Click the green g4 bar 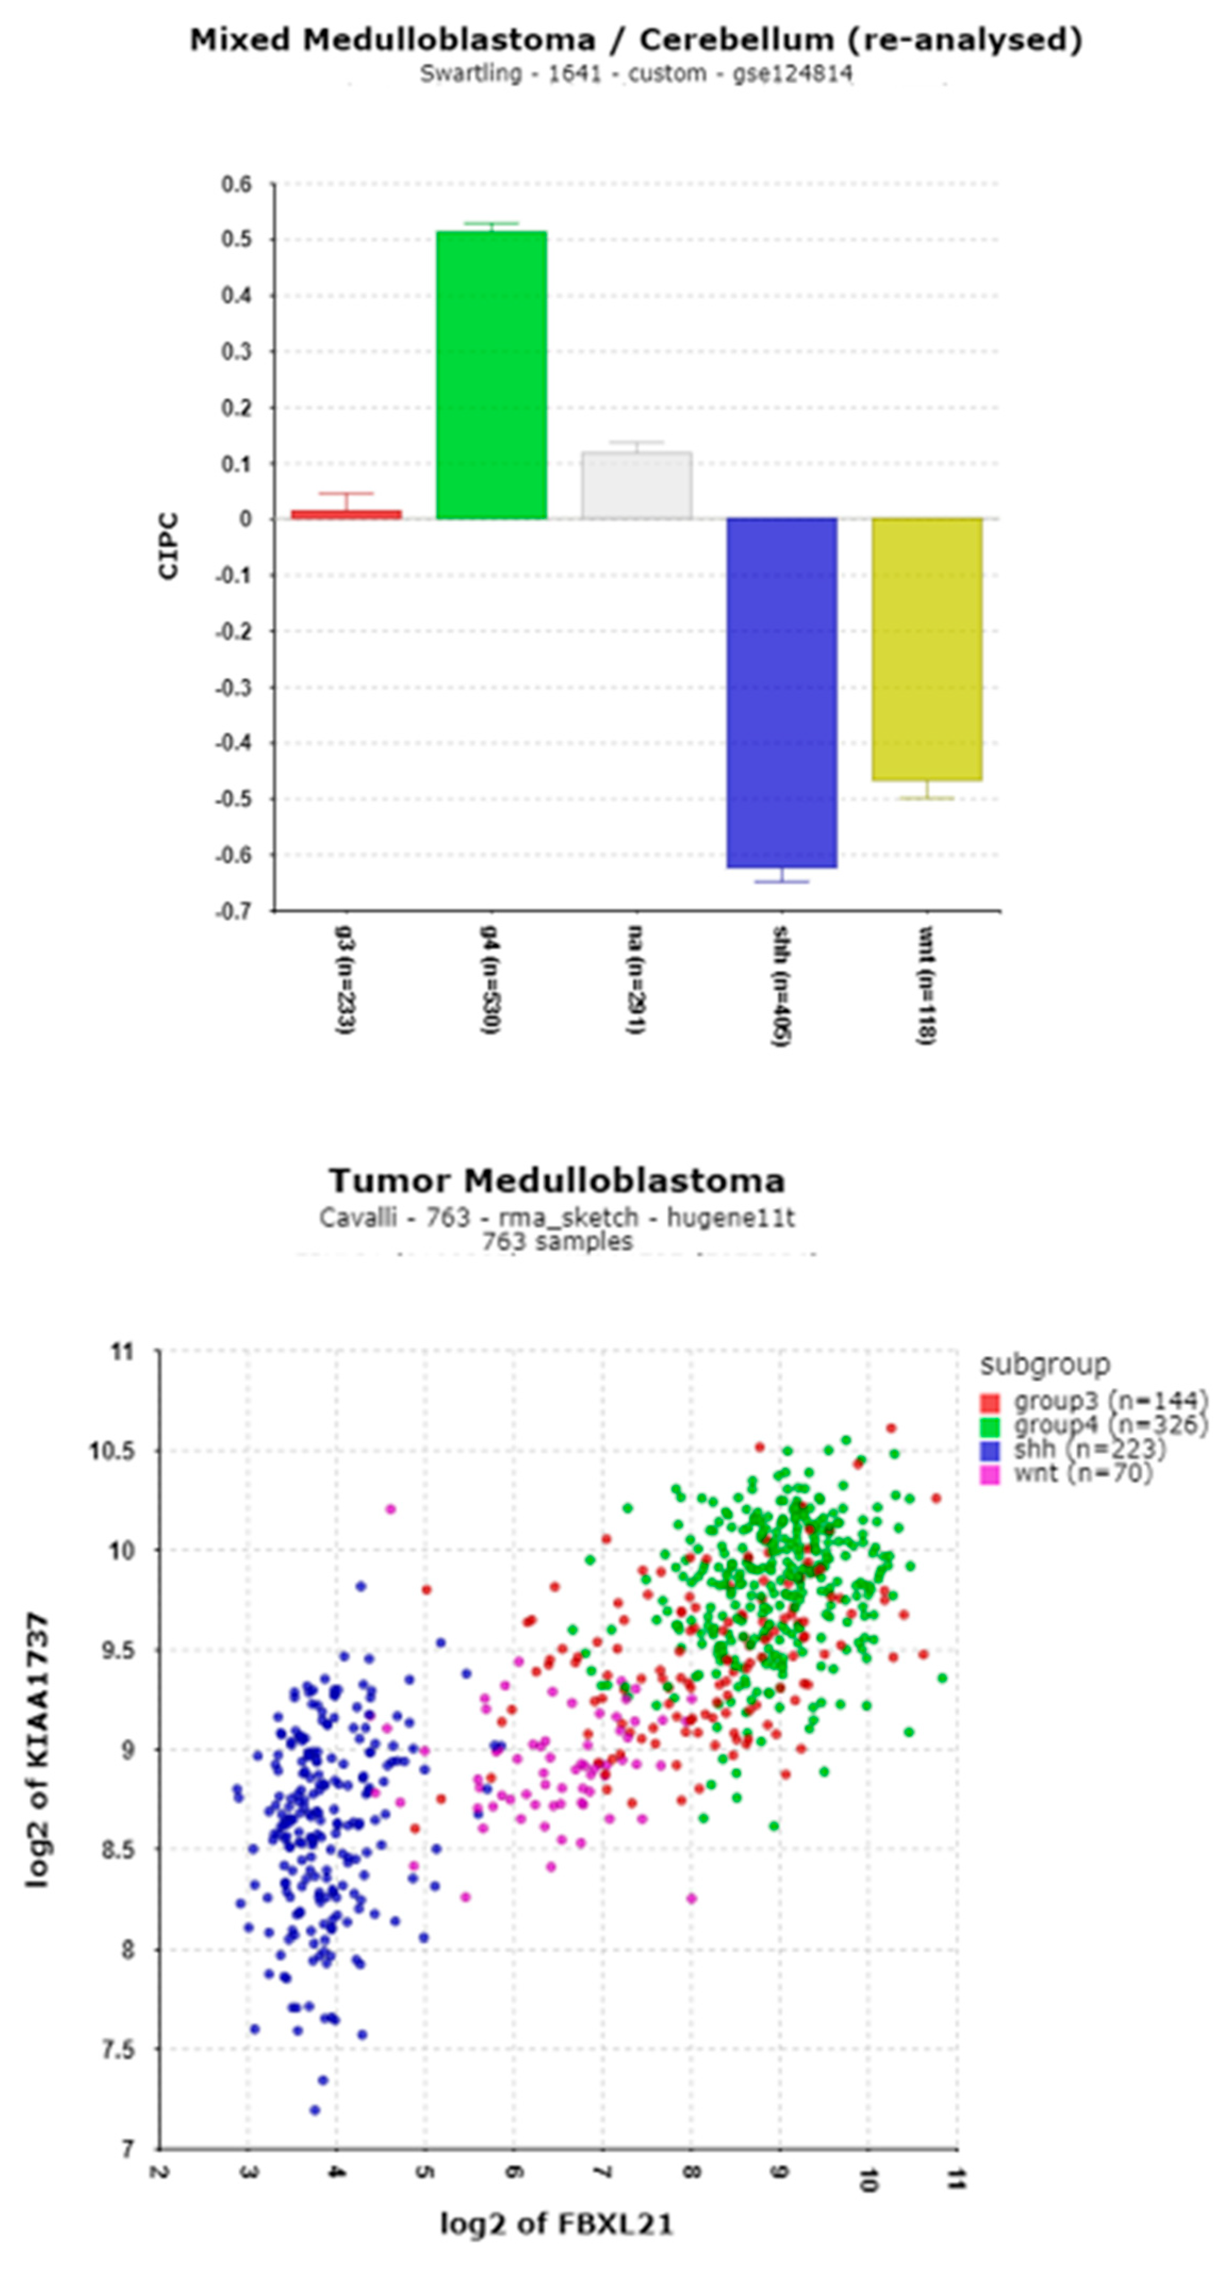[492, 375]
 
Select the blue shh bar [781, 693]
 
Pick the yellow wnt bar [927, 649]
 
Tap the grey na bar [636, 485]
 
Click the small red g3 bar [346, 514]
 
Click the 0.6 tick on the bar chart [236, 185]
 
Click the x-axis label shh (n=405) [780, 986]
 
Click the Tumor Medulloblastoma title [557, 1180]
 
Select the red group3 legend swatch [990, 1401]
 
